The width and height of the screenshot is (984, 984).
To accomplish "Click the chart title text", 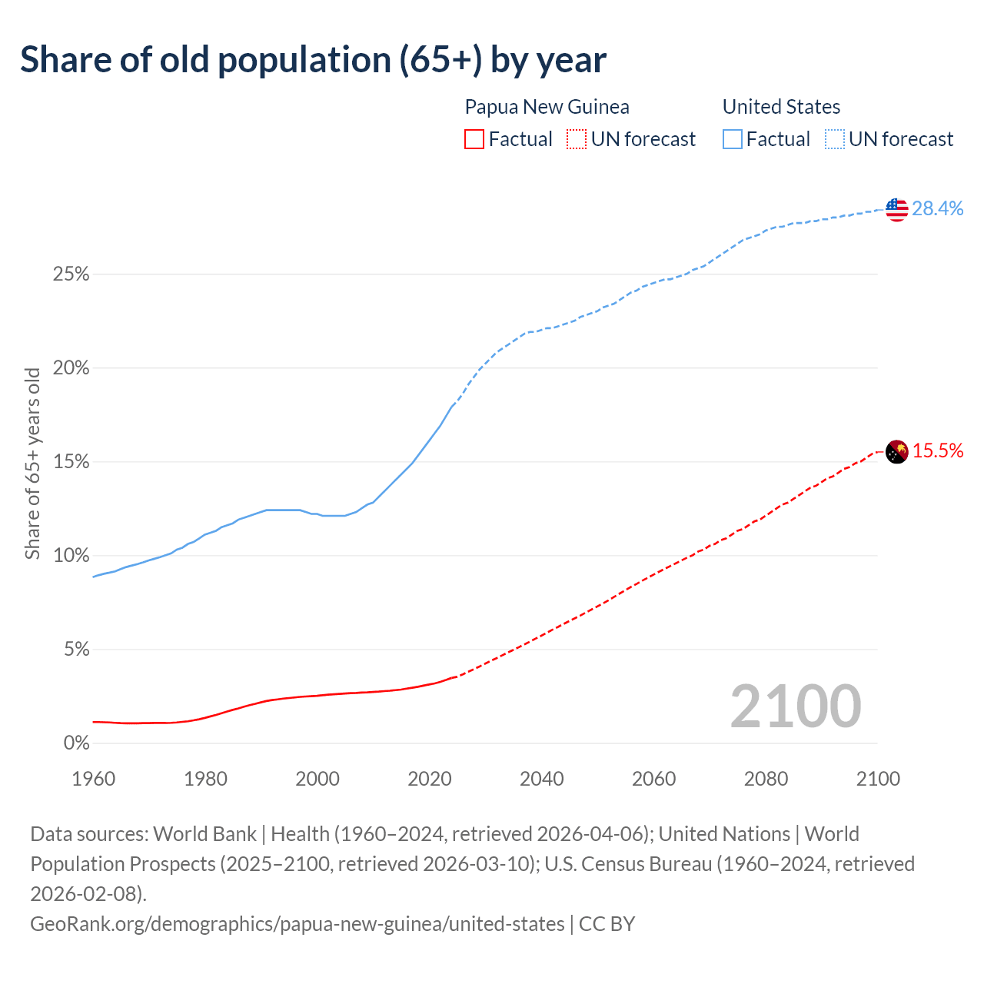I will click(x=313, y=60).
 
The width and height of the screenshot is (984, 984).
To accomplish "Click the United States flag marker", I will click(x=896, y=209).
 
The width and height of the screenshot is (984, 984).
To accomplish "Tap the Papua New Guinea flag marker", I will click(x=897, y=451).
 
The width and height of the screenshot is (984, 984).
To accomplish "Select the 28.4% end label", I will click(x=937, y=208).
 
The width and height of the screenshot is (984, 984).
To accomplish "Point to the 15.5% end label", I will click(x=938, y=451).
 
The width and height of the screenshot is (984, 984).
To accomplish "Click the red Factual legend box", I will click(x=474, y=139).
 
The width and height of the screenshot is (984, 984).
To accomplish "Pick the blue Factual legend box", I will click(x=732, y=139).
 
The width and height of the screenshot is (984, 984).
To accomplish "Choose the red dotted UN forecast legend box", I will click(x=576, y=139).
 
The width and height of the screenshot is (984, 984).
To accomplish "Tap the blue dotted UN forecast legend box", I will click(x=834, y=139).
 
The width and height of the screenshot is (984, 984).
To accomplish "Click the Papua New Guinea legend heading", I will click(x=547, y=107).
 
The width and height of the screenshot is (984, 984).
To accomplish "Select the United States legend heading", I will click(x=781, y=107).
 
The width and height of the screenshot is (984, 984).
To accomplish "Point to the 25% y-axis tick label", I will click(x=71, y=274).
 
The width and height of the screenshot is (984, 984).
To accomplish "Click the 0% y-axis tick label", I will click(x=75, y=743).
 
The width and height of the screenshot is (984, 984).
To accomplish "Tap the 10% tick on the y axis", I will click(x=71, y=556).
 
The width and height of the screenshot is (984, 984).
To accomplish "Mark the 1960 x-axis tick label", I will click(x=94, y=779).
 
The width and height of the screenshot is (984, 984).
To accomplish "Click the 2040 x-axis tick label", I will click(x=542, y=779).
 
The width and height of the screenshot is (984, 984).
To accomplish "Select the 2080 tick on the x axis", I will click(x=766, y=779).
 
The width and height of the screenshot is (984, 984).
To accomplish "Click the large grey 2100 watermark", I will click(x=796, y=706).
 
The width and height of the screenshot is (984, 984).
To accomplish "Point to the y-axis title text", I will click(x=32, y=464).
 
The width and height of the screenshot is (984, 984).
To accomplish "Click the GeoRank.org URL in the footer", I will click(x=297, y=923).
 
